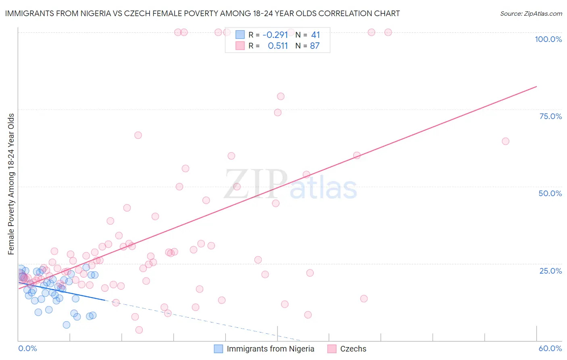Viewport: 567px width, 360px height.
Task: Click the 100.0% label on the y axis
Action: tap(548, 39)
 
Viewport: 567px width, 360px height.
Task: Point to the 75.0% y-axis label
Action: tap(550, 116)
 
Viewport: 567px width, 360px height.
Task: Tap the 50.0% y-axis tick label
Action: tap(550, 193)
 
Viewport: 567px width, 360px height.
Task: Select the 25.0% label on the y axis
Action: tap(550, 271)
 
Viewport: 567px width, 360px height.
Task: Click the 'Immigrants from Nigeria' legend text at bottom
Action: tap(270, 349)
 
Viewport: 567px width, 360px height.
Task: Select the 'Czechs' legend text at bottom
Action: tap(353, 349)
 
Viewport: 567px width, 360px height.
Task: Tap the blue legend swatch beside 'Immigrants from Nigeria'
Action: tap(219, 349)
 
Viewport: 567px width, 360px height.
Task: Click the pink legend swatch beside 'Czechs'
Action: tap(332, 349)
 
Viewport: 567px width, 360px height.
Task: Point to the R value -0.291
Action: tap(275, 35)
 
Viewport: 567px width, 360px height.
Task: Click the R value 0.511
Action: tap(278, 46)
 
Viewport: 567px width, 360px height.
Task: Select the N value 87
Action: tap(315, 46)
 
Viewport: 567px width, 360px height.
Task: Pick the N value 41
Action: tap(315, 35)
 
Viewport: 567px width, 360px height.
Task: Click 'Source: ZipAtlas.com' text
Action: tap(531, 14)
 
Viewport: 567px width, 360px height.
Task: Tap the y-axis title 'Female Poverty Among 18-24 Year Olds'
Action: tap(11, 184)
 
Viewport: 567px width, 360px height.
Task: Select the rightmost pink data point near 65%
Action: tap(505, 141)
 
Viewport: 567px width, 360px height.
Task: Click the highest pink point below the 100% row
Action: tap(281, 96)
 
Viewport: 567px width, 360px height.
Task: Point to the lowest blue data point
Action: tap(67, 325)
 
